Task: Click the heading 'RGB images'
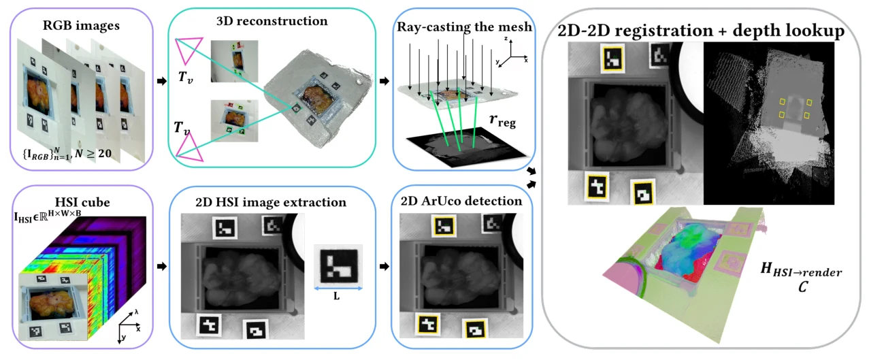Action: (x=81, y=26)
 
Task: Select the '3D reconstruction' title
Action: (x=272, y=21)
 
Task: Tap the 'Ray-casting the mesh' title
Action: (x=464, y=27)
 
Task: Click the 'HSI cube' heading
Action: (x=82, y=202)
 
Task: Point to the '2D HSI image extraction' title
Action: (x=271, y=202)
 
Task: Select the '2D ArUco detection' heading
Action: (x=461, y=201)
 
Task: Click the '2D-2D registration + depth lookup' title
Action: (x=701, y=31)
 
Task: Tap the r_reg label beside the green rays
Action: (x=502, y=120)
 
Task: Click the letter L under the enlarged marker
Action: (x=336, y=297)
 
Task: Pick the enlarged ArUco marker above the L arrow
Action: (x=339, y=265)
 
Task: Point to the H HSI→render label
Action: (x=801, y=269)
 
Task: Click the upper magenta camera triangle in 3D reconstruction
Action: (x=188, y=49)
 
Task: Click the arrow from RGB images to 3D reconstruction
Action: (x=162, y=81)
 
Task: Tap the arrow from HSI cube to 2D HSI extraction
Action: (x=162, y=267)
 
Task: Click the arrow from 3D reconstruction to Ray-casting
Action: (x=384, y=81)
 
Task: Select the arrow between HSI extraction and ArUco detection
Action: (x=384, y=267)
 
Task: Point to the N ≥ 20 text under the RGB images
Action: (x=93, y=154)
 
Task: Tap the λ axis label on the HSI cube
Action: (x=136, y=312)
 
